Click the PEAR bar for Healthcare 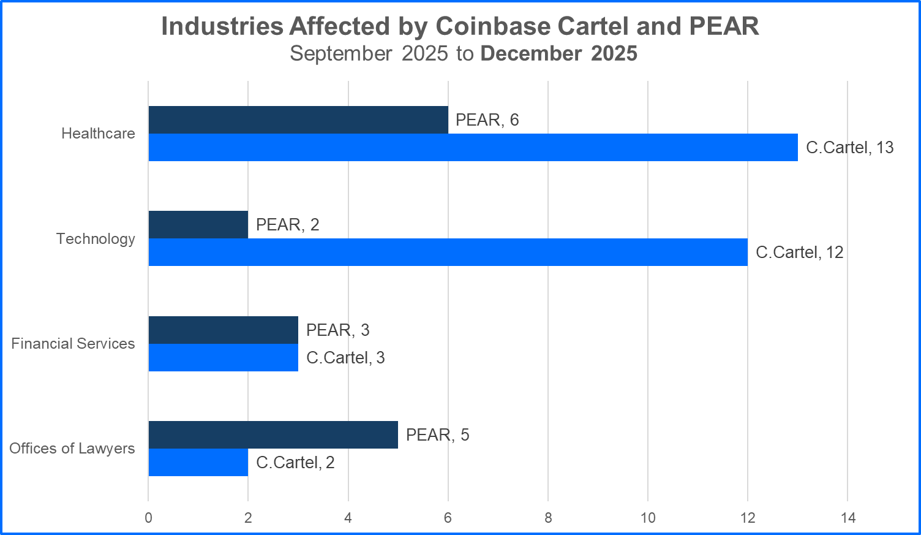click(298, 120)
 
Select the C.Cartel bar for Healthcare click(473, 148)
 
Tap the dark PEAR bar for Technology click(198, 225)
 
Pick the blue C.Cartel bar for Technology click(448, 252)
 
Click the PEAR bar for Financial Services click(224, 330)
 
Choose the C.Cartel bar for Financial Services click(224, 358)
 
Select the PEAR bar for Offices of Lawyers click(273, 435)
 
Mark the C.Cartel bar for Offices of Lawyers click(198, 463)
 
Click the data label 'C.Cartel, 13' click(849, 148)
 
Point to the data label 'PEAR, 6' click(487, 120)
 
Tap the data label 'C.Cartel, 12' click(799, 252)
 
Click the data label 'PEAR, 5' click(437, 435)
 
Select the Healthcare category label click(98, 134)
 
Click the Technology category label click(96, 239)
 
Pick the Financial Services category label click(73, 344)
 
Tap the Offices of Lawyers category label click(72, 449)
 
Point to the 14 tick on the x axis click(848, 518)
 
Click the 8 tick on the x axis click(548, 518)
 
